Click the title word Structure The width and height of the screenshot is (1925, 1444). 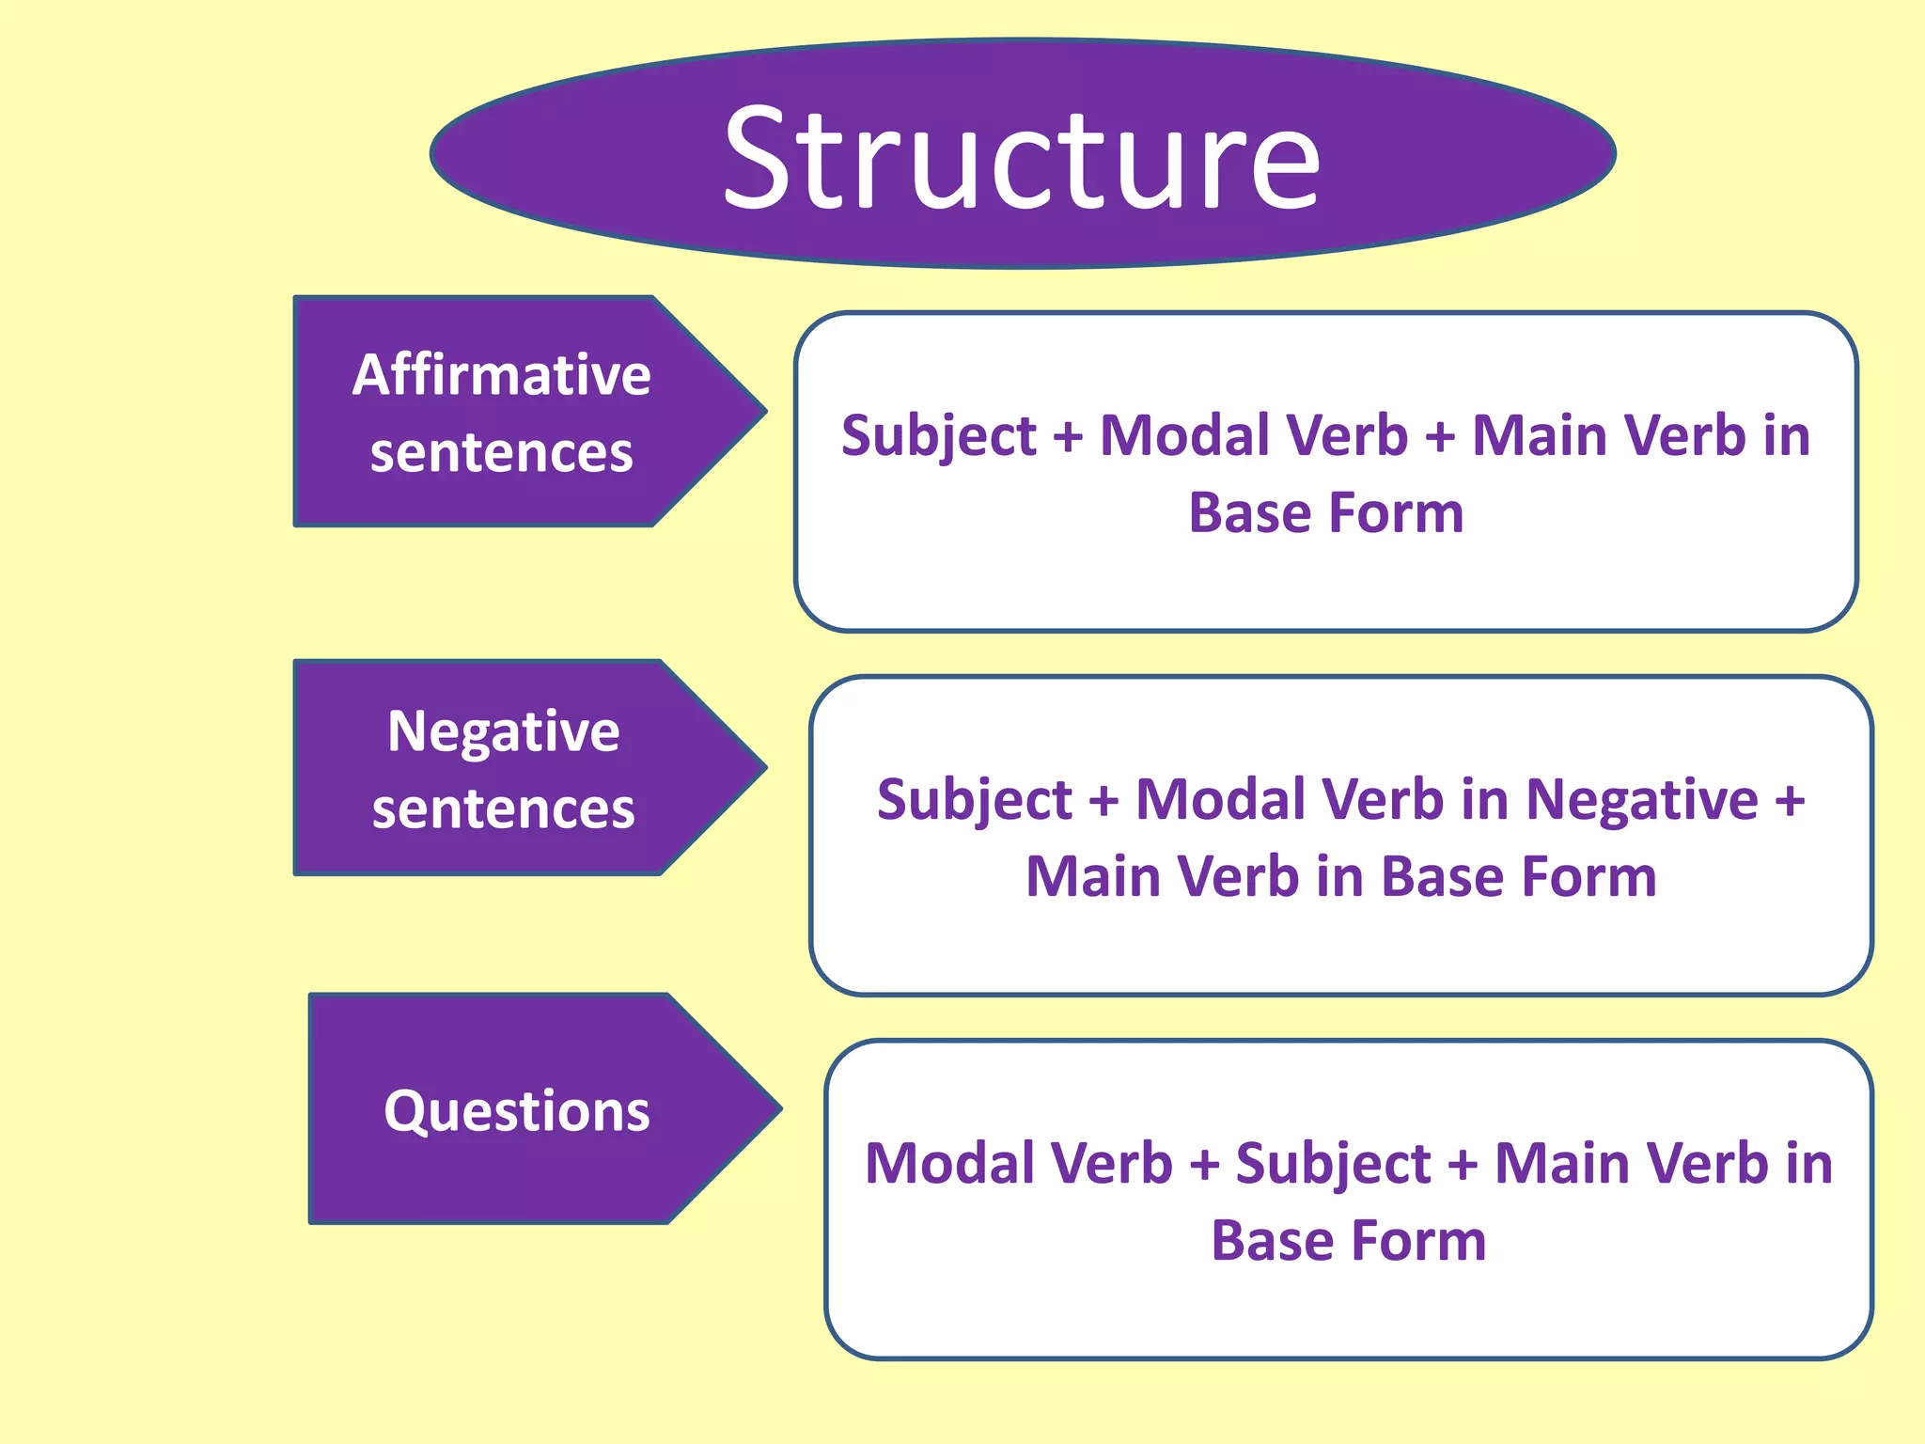pos(1022,158)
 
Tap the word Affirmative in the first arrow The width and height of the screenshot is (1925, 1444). pos(501,375)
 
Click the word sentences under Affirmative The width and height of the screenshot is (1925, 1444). pos(501,453)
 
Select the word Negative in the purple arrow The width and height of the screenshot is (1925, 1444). pos(503,731)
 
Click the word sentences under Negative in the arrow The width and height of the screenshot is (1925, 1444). pos(503,809)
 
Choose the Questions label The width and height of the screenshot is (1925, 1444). pos(516,1111)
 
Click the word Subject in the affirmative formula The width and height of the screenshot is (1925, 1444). pos(938,436)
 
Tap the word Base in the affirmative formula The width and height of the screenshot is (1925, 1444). pos(1247,513)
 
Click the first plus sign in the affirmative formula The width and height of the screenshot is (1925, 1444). pos(1068,438)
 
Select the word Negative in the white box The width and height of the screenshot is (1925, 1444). pos(1641,801)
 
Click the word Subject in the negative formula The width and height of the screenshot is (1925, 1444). pos(974,800)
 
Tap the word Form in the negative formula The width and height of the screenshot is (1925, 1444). pos(1589,877)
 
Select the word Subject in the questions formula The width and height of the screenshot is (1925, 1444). pos(1333,1164)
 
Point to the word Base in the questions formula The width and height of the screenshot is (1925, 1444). pos(1269,1241)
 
